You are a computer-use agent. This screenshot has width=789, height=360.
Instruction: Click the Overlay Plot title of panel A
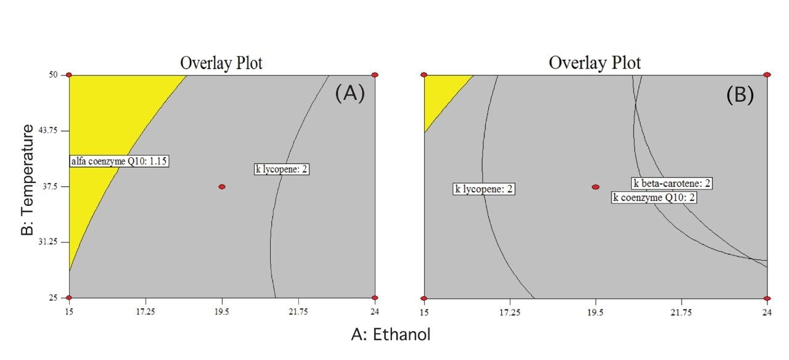click(x=221, y=63)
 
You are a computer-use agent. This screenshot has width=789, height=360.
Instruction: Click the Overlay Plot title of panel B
click(x=594, y=63)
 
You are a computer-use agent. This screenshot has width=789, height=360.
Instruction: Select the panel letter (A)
click(x=350, y=94)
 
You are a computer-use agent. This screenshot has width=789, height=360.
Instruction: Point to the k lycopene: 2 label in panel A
click(x=282, y=169)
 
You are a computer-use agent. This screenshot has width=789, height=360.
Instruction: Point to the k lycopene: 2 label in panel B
click(x=484, y=189)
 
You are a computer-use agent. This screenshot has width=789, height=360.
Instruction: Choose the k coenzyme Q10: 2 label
click(x=655, y=197)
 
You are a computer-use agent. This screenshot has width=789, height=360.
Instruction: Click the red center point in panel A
click(x=222, y=187)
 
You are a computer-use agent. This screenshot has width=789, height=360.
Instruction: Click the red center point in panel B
click(x=595, y=187)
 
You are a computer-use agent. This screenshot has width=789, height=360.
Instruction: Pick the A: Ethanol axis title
click(x=390, y=335)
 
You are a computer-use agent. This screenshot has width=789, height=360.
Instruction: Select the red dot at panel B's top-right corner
click(x=767, y=75)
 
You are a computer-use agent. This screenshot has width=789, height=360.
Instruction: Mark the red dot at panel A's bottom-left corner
click(x=69, y=298)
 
